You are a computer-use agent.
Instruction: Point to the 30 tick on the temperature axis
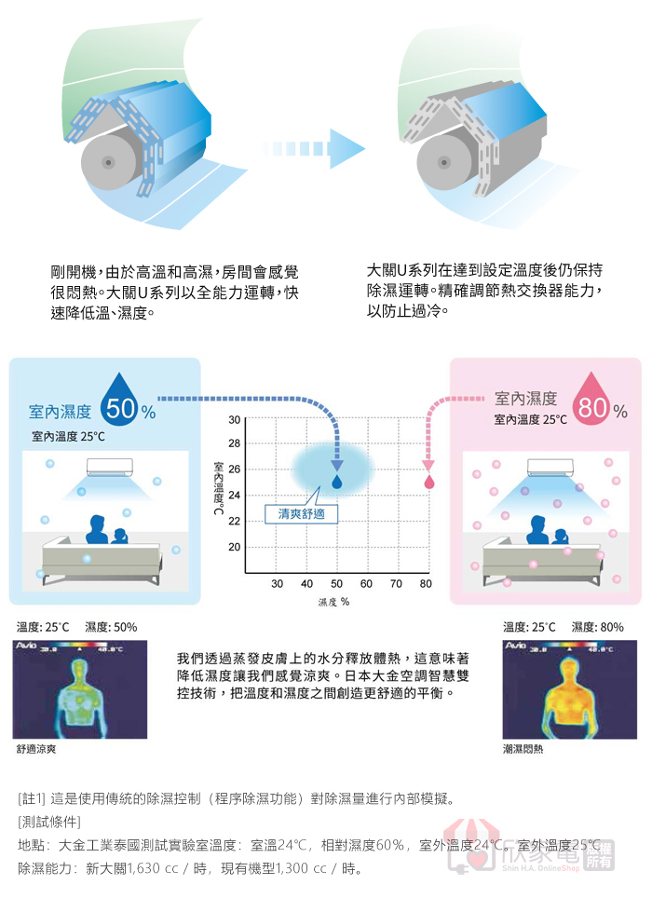tap(234, 418)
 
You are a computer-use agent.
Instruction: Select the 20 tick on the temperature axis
tap(234, 546)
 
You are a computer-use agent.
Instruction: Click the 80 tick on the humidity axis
tap(426, 584)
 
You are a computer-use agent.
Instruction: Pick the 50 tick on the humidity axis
tap(336, 584)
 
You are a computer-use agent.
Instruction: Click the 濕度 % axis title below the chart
tap(332, 602)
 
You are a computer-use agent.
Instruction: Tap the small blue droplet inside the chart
tap(336, 483)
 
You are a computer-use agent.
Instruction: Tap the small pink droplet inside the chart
tap(429, 483)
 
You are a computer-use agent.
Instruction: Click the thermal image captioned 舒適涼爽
tap(80, 690)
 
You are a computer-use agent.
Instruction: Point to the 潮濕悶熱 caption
tap(523, 748)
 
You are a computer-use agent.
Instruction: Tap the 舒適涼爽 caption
tap(36, 748)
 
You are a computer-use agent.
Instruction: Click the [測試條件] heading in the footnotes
tap(49, 823)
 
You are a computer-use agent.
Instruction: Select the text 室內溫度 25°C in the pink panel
tap(530, 419)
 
